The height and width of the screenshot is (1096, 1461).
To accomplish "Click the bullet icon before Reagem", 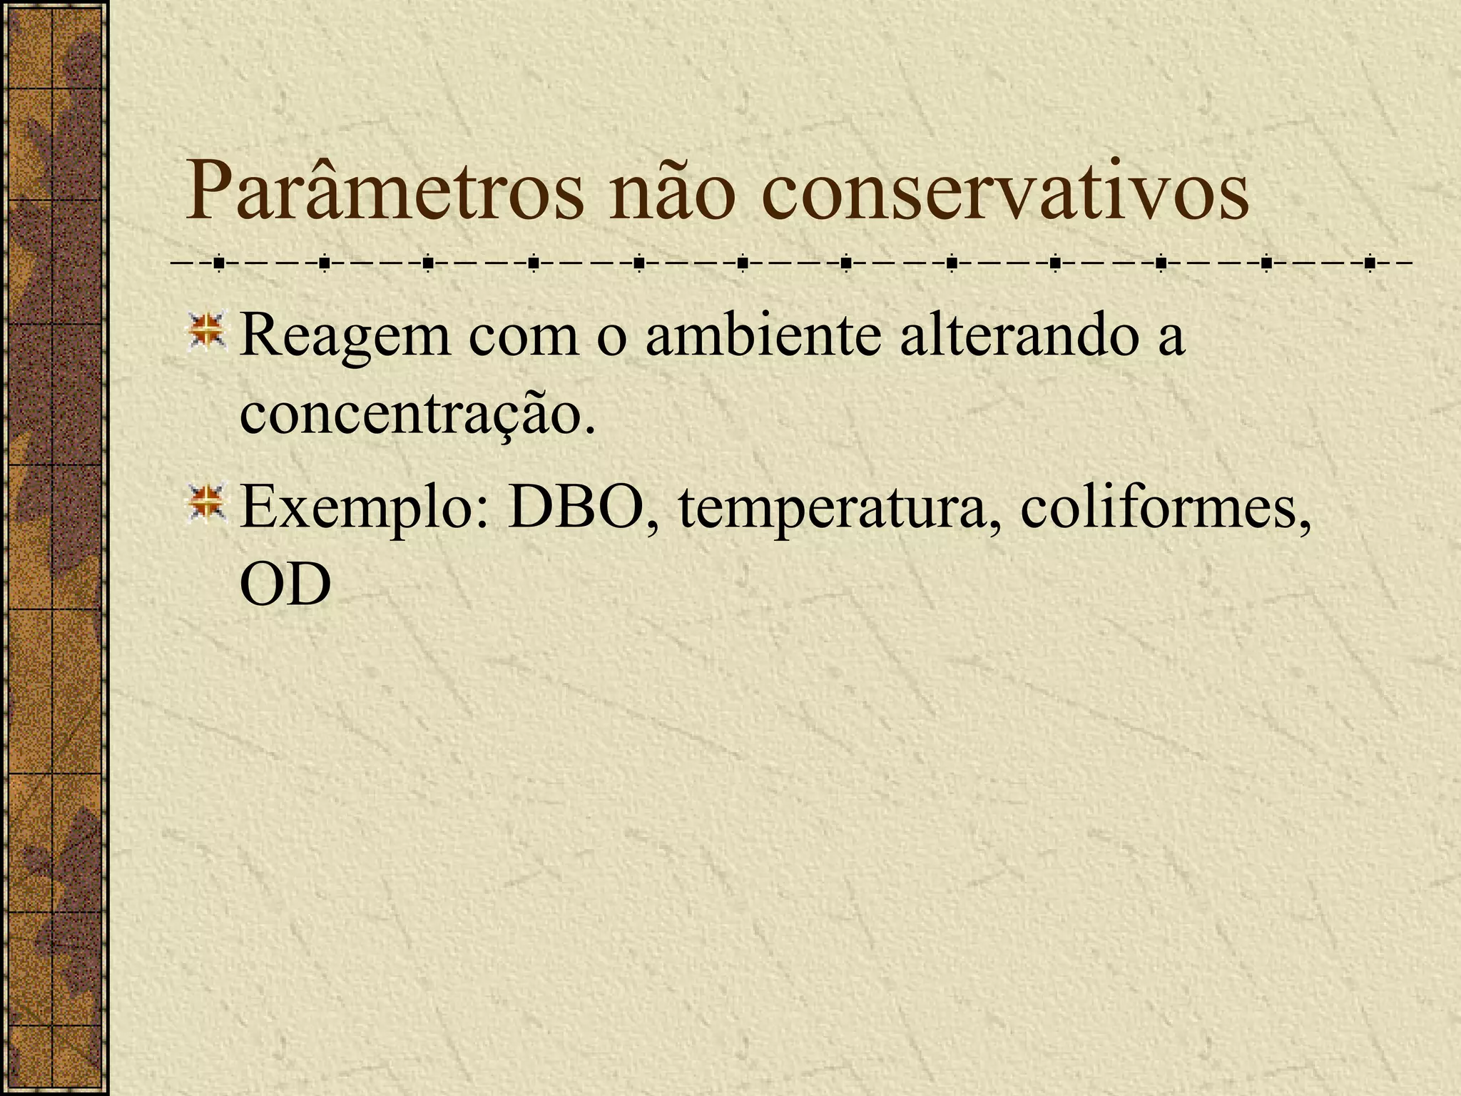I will [x=207, y=333].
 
